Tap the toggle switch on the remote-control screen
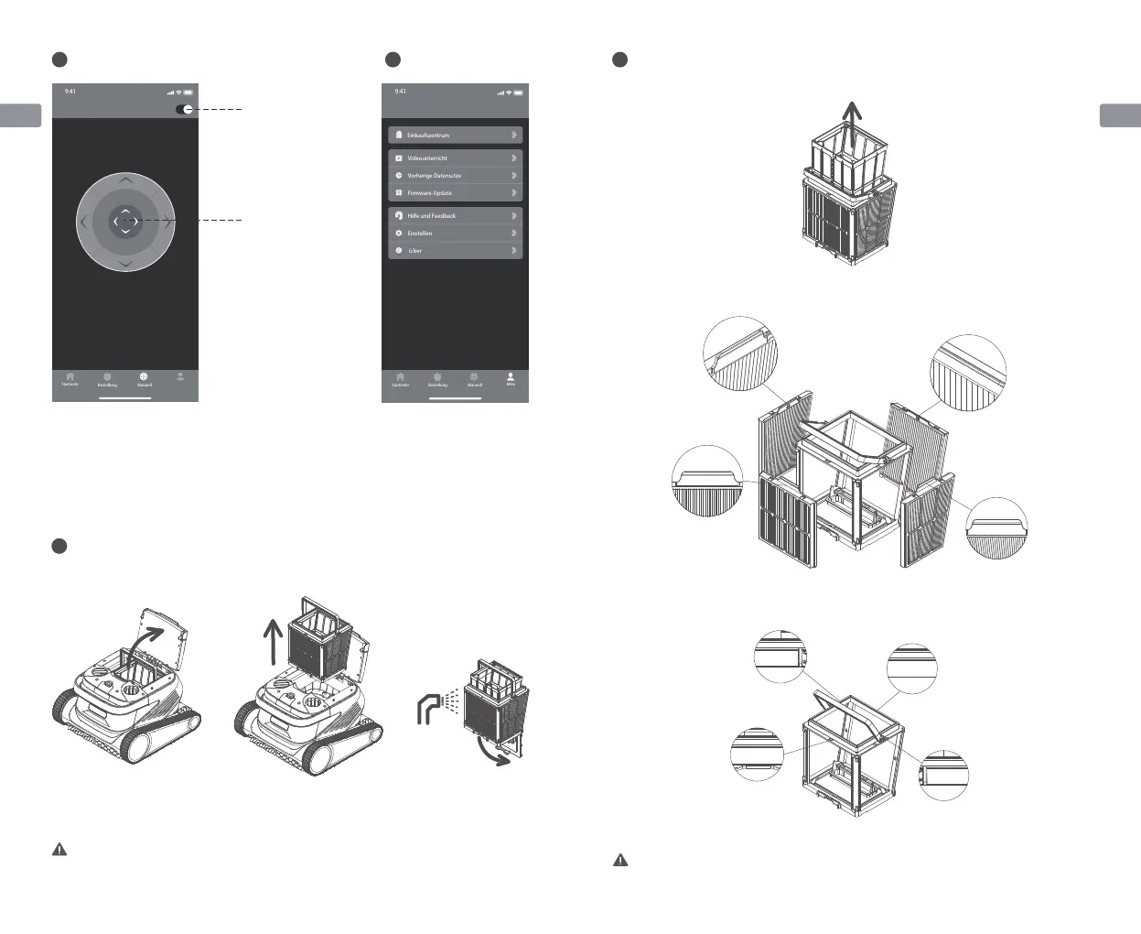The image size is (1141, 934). point(185,109)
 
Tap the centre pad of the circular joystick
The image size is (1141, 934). point(125,222)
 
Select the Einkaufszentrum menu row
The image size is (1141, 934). point(455,135)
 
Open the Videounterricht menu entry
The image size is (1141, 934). point(455,157)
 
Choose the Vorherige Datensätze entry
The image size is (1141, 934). point(455,175)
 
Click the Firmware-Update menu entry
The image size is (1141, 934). point(455,193)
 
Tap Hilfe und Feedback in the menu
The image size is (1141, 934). point(455,215)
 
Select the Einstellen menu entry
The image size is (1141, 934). point(455,233)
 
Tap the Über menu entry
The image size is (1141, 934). point(455,250)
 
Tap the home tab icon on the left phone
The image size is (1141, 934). point(70,376)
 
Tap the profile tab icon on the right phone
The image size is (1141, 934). point(511,376)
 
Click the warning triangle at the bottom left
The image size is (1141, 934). point(59,850)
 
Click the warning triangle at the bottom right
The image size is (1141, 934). point(620,861)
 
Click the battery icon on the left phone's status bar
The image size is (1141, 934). point(188,92)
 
